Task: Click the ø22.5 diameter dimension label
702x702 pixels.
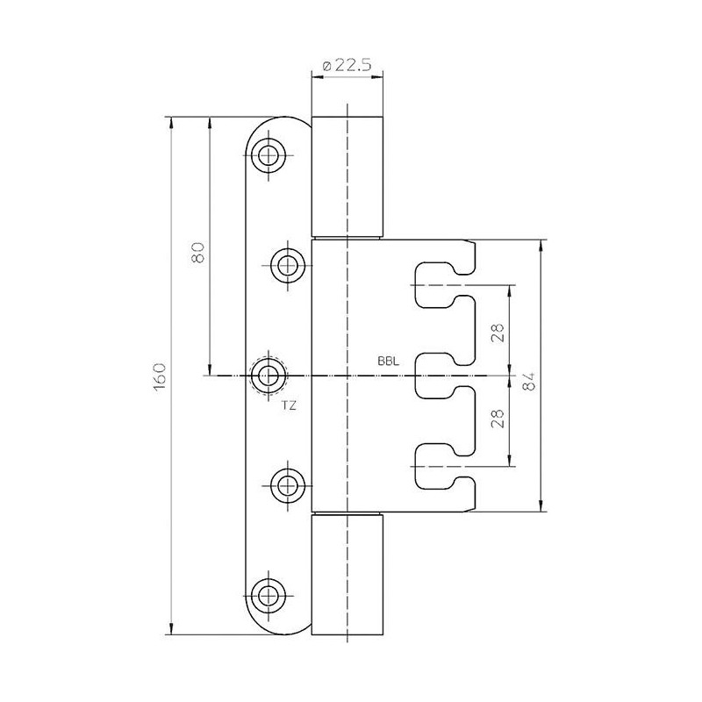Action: point(347,66)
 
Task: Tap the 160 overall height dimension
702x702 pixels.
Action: point(160,376)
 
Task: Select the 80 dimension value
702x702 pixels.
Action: point(197,252)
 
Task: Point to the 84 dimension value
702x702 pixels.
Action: point(529,381)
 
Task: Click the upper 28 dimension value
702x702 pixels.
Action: point(498,333)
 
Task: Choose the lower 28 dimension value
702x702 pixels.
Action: point(498,419)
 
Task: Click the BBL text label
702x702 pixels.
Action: point(388,362)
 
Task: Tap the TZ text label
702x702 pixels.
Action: point(289,405)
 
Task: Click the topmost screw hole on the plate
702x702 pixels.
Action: point(269,155)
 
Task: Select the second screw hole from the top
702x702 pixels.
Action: point(288,266)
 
